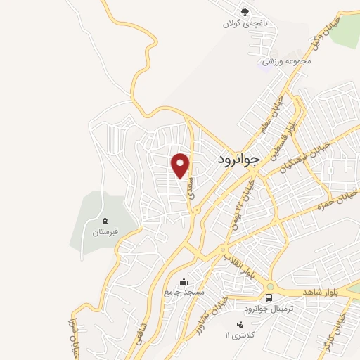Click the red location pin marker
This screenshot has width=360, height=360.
(x=181, y=165)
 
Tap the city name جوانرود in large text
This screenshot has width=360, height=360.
(x=235, y=159)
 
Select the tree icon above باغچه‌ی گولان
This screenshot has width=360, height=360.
(x=245, y=11)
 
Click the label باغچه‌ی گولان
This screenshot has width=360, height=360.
(x=246, y=23)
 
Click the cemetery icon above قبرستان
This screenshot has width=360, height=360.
(x=105, y=221)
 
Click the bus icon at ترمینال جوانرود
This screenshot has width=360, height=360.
(x=271, y=286)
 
